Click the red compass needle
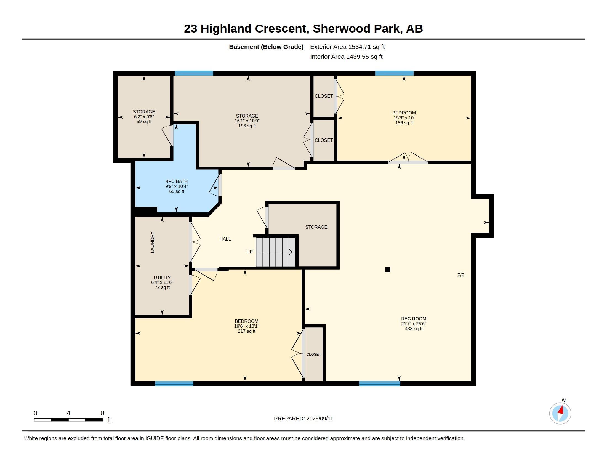pos(561,410)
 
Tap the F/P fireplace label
pos(461,275)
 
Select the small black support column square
pos(388,269)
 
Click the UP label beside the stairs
pos(250,252)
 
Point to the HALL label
pos(225,239)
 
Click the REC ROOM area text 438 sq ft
pos(414,329)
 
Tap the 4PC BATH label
pos(177,182)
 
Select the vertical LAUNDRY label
pos(152,242)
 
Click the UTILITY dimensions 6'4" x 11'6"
pos(162,282)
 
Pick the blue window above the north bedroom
pos(394,73)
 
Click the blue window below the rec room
pos(380,384)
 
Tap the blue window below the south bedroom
pos(174,384)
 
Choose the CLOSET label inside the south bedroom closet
pos(313,354)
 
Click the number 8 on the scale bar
pos(103,413)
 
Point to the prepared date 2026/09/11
pos(320,419)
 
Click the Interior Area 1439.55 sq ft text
pos(346,57)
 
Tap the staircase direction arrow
pos(276,252)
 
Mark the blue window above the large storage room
pos(194,73)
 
